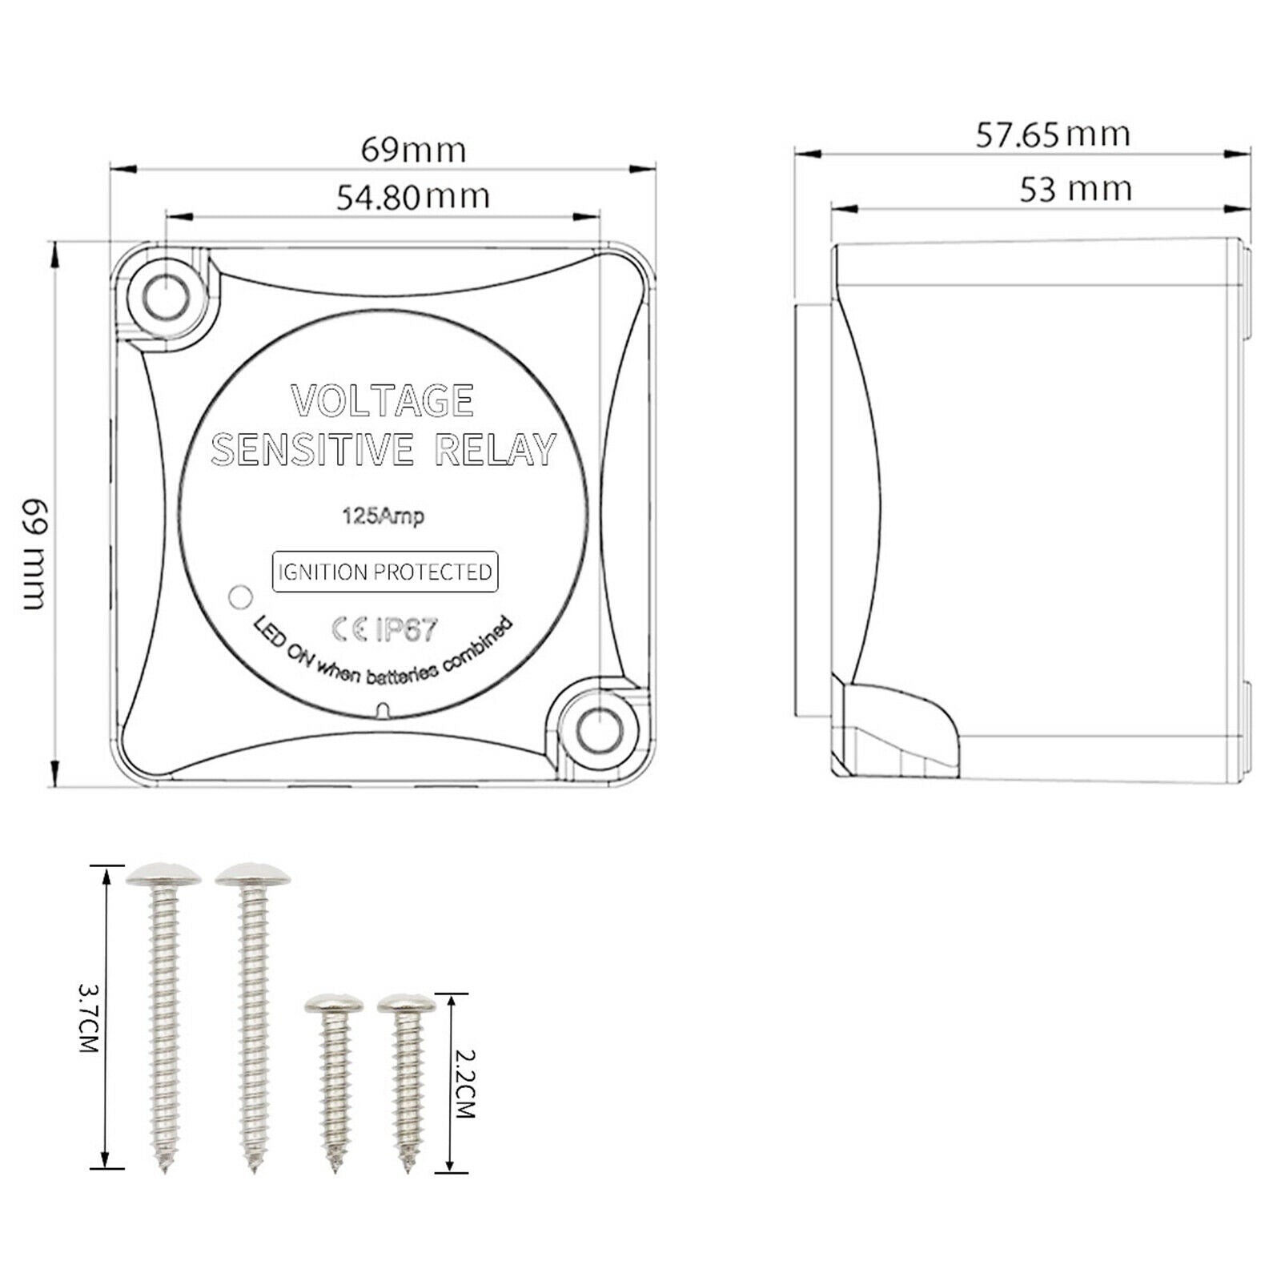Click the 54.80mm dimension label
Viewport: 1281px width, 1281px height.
[412, 197]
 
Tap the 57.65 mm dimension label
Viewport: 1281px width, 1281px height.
[1052, 135]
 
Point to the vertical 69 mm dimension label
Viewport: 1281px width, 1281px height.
[34, 554]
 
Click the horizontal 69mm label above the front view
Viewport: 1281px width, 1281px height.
[413, 150]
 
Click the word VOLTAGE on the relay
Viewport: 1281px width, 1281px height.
[383, 401]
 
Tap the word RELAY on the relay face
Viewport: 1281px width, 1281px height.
[495, 449]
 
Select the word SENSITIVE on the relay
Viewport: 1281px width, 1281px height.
[312, 449]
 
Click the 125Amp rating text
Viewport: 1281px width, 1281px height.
[383, 516]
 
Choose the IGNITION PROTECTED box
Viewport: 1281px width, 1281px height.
[385, 572]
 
